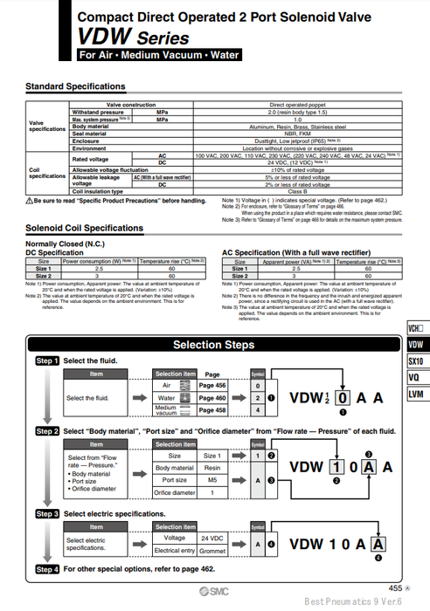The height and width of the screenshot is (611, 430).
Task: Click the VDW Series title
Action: pos(133,38)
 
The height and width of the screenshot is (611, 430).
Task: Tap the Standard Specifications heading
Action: pos(75,86)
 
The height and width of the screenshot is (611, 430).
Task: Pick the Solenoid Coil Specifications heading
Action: pos(84,228)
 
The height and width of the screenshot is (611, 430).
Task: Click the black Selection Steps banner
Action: pos(214,345)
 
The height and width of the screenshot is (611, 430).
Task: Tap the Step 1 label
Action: pos(46,360)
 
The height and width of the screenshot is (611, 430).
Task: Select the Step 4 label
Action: pos(46,569)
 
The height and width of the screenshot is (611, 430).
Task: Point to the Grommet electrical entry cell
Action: pos(212,551)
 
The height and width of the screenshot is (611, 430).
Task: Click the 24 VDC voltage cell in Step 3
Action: pos(212,538)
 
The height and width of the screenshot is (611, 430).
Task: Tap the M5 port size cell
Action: pos(212,479)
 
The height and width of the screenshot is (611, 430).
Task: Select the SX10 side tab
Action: pos(416,361)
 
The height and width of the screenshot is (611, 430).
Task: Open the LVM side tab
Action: pos(416,394)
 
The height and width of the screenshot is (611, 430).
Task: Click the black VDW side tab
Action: pos(416,346)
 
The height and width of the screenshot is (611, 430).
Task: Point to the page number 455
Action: pos(394,588)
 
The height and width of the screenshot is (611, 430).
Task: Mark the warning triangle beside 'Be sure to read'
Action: pos(29,201)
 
